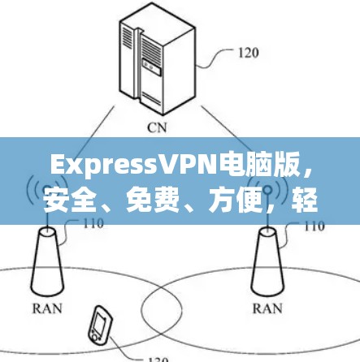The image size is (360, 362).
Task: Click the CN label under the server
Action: click(157, 127)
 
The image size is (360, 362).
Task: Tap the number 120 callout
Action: click(248, 53)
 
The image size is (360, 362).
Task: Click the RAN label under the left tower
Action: click(47, 308)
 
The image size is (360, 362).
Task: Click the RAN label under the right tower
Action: click(267, 308)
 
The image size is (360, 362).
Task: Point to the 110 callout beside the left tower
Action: click(93, 223)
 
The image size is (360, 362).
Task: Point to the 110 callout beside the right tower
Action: click(314, 226)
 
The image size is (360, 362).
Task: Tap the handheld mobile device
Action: click(100, 323)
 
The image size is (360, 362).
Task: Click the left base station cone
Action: click(47, 262)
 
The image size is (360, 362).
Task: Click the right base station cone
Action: click(267, 262)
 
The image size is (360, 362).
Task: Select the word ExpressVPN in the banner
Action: click(135, 166)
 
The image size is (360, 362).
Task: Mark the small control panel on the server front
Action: click(152, 67)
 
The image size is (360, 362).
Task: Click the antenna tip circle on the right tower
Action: click(267, 190)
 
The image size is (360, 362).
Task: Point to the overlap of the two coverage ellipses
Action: click(162, 307)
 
